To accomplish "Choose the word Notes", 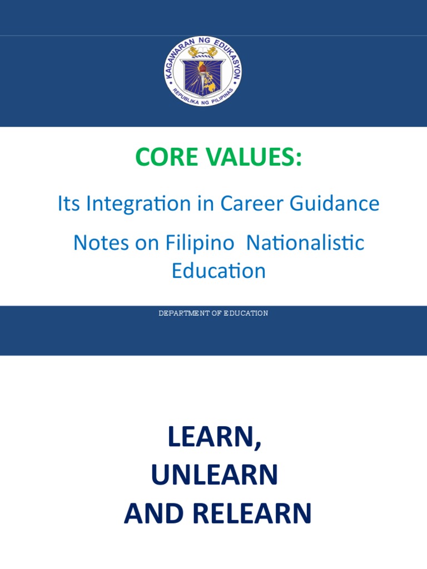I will click(x=101, y=243).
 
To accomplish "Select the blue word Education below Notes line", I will click(x=219, y=271).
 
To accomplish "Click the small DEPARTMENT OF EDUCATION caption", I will click(x=213, y=313).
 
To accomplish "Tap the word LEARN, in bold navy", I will click(x=214, y=438).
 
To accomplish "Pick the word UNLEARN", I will click(x=214, y=475).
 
